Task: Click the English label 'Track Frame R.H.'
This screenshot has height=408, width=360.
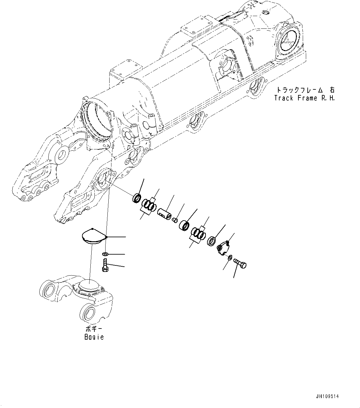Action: pos(304,98)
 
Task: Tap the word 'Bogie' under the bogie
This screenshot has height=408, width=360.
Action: pos(94,337)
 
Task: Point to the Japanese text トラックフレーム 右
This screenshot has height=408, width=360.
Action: pos(305,90)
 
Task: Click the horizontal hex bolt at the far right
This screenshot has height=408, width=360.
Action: pos(241,263)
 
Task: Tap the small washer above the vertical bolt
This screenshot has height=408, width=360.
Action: pos(105,254)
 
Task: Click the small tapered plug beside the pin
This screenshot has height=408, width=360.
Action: pos(175,220)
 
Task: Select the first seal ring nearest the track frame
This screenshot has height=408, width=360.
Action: pos(136,198)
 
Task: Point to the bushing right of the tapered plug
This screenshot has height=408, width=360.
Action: pos(185,225)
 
